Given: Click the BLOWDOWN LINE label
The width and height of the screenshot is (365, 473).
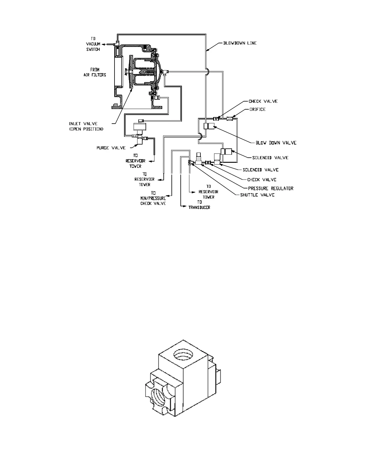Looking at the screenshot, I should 240,43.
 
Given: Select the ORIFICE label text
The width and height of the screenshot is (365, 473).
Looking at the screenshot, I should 257,109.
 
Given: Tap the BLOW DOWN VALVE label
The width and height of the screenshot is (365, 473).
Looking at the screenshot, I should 276,143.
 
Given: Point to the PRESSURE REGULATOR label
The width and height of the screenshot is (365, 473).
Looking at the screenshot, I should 270,188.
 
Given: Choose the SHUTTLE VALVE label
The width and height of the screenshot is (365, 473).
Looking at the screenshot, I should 257,195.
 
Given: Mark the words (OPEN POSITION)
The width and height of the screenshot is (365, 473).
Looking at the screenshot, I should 86,129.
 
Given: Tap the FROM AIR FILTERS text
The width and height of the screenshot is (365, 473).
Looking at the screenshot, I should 95,72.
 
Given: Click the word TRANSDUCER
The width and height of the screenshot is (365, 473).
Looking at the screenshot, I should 199,207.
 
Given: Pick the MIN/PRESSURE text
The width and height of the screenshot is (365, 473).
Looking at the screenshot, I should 153,198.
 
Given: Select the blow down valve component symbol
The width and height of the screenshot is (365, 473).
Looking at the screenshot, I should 210,126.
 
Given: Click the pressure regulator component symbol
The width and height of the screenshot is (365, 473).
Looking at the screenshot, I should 199,160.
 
